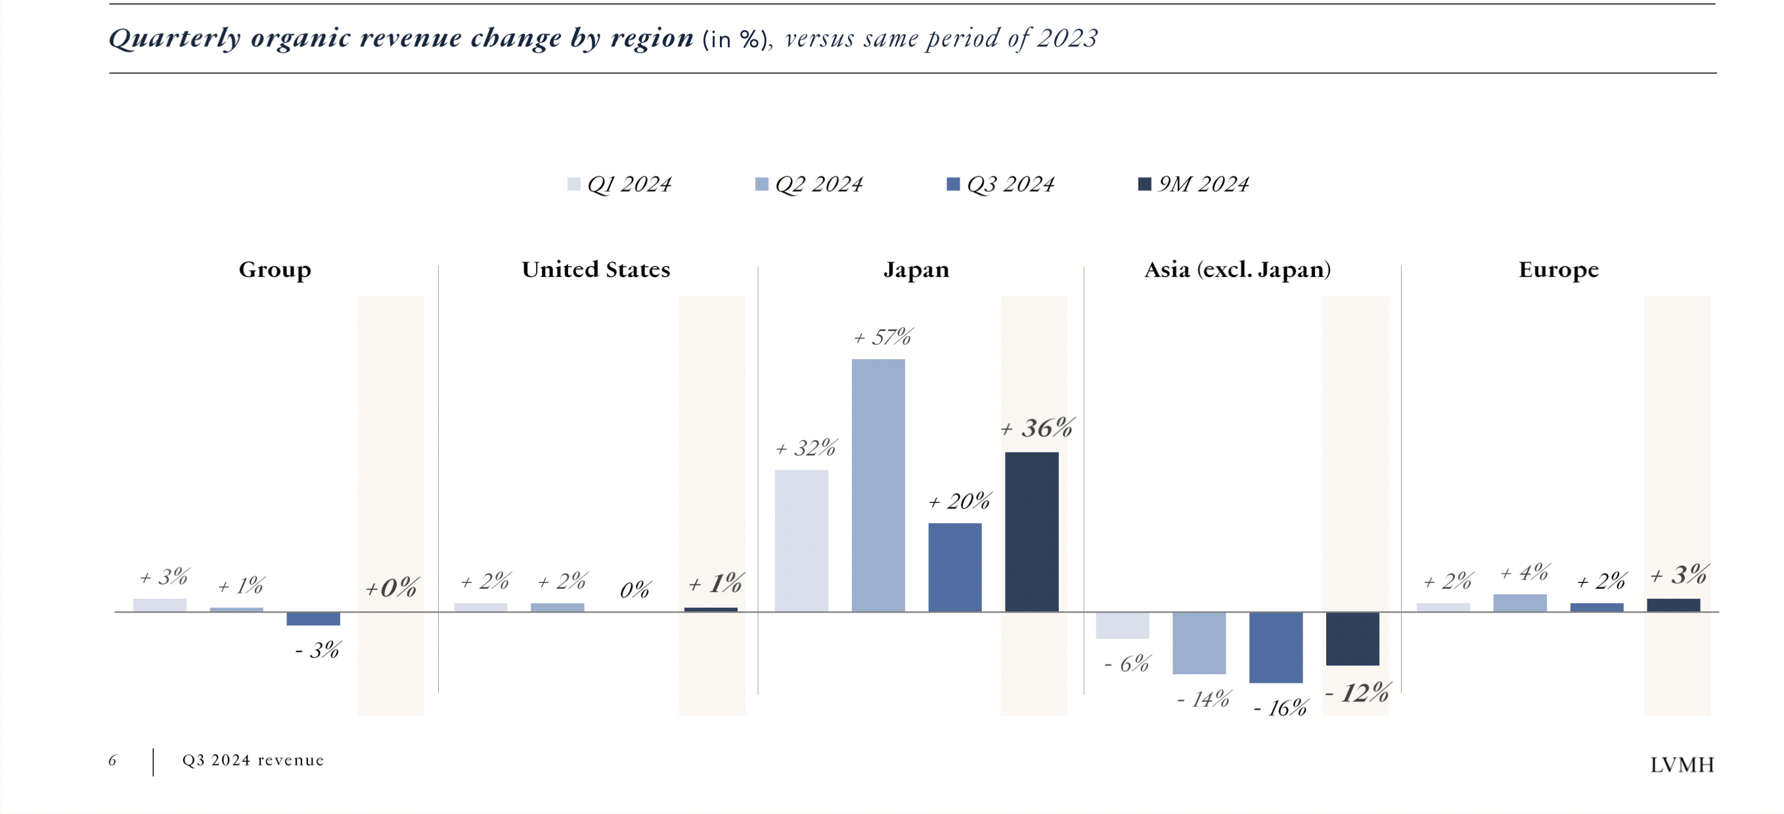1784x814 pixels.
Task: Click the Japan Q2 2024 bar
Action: click(878, 484)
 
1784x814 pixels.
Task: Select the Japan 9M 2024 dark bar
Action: click(1031, 532)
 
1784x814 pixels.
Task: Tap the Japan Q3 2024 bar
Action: click(954, 567)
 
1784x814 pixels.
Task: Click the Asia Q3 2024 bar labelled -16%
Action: click(1275, 647)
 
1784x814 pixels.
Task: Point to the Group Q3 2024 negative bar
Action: click(313, 619)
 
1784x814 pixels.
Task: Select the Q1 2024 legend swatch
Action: click(573, 184)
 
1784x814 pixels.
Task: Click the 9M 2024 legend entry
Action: click(1194, 184)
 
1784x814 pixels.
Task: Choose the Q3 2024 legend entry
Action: click(1001, 184)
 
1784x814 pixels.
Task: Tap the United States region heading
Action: click(596, 269)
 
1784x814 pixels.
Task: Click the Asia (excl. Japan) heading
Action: click(1237, 269)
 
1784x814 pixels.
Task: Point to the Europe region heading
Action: click(1558, 269)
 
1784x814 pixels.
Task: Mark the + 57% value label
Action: click(883, 338)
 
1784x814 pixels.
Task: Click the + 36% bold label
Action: click(1037, 429)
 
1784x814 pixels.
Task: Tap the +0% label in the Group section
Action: click(391, 588)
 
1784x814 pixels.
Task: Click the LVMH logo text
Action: click(1682, 765)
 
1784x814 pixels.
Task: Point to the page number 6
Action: click(112, 761)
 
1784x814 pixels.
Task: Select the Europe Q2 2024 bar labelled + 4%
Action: click(1519, 603)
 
